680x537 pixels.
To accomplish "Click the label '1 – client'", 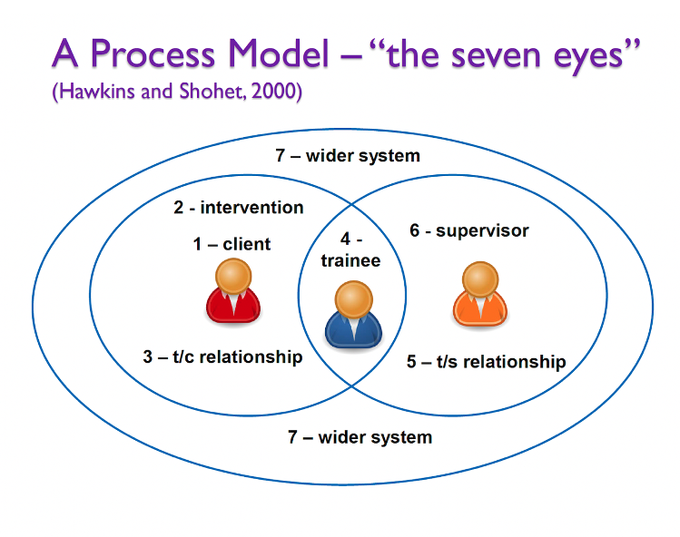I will (232, 244).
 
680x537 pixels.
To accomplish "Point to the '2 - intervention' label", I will (239, 208).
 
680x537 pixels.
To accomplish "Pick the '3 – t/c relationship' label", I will (222, 356).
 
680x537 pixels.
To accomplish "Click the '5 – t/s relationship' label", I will (486, 362).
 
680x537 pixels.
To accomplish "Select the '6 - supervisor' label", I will (468, 230).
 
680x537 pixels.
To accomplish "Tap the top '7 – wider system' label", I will (348, 156).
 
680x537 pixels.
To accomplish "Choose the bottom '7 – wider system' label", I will (360, 437).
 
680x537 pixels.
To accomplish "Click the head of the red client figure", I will (234, 275).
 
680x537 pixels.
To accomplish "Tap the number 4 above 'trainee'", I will (345, 239).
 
